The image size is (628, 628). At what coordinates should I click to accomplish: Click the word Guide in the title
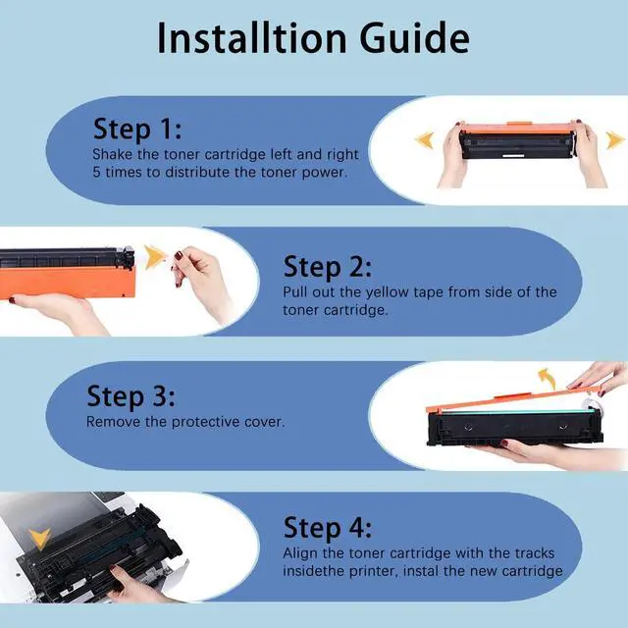coord(414,38)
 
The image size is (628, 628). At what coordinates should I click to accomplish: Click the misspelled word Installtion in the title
coord(251,37)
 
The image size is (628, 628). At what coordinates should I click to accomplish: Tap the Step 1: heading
coord(137,129)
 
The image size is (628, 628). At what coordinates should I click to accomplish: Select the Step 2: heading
coord(327,267)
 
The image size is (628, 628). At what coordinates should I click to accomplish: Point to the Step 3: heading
coord(131,395)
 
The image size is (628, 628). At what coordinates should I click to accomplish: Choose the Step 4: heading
coord(328,528)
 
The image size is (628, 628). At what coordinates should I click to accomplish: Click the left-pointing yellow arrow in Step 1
coord(424,139)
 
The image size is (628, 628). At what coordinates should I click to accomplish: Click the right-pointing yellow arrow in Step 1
coord(615,140)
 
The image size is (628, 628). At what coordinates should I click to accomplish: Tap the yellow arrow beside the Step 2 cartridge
coord(155,256)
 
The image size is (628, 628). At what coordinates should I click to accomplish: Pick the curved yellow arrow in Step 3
coord(548,378)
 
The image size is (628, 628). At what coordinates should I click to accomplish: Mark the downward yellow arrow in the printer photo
coord(39,539)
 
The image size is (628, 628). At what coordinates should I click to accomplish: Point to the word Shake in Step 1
coord(113,154)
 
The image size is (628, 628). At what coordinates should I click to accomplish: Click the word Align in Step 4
coord(300,553)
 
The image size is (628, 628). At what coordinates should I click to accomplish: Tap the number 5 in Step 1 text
coord(96,173)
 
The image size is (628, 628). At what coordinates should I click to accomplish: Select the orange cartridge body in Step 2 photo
coord(68,283)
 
